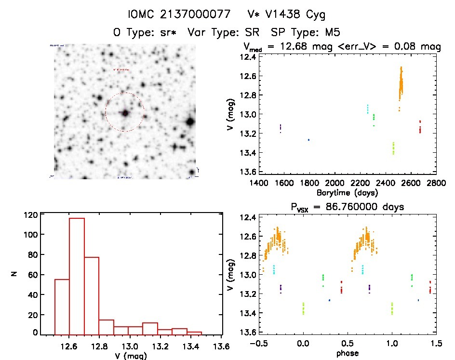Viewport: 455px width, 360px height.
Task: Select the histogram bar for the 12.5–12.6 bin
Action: coord(62,306)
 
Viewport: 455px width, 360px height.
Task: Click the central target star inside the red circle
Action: coord(125,113)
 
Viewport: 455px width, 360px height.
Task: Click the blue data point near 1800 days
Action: coord(308,140)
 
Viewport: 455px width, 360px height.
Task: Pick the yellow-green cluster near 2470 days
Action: coord(393,148)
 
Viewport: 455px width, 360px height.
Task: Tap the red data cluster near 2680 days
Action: coord(420,127)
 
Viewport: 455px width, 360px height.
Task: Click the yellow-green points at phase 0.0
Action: coord(303,308)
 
